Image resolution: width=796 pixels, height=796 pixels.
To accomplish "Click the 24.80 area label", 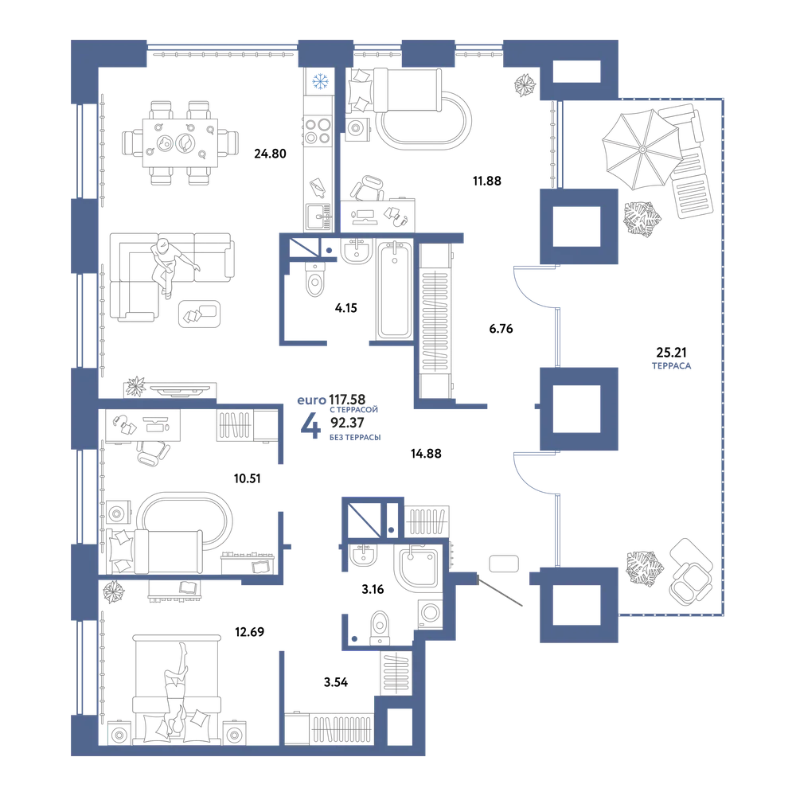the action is tap(270, 154).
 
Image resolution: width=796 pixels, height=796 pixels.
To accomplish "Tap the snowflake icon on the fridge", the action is tap(320, 81).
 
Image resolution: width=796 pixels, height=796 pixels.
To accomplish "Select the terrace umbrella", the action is tap(642, 150).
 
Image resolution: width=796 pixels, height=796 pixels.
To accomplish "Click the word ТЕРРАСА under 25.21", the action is tap(671, 365).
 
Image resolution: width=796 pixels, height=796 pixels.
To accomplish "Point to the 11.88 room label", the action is tap(487, 181).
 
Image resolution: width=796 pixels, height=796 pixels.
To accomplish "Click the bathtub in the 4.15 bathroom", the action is tap(395, 290).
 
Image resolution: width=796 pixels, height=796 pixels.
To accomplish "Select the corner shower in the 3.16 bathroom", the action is tap(417, 569).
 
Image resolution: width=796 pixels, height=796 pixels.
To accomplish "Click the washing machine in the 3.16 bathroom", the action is tap(430, 613).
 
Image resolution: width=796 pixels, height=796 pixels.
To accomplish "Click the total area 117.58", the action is tap(347, 400).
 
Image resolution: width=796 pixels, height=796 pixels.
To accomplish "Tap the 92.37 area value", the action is tap(347, 423).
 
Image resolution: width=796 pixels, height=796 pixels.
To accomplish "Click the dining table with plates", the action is tap(180, 143).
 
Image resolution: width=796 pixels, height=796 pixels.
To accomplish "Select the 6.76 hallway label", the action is tap(501, 329).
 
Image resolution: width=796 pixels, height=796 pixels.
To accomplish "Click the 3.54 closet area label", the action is tap(336, 682).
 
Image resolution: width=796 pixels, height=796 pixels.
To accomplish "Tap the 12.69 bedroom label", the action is tap(249, 632).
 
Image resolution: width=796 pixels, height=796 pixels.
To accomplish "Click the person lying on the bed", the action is tap(176, 688).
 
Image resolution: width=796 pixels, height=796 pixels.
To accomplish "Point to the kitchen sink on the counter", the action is tap(318, 217).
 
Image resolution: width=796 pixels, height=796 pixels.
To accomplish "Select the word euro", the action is tap(312, 400).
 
